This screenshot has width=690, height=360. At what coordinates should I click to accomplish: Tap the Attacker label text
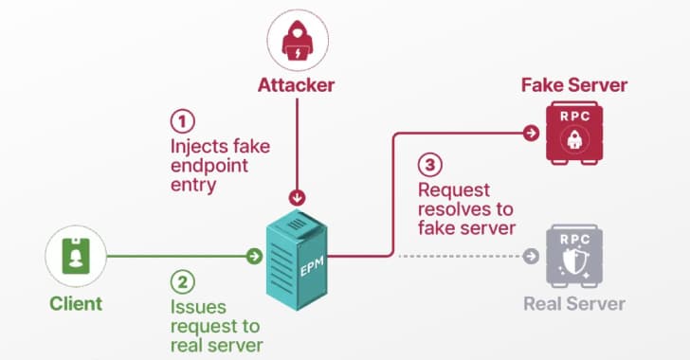pyautogui.click(x=297, y=86)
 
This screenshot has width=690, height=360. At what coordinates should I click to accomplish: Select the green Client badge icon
pyautogui.click(x=75, y=258)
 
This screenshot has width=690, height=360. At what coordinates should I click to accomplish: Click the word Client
pyautogui.click(x=75, y=304)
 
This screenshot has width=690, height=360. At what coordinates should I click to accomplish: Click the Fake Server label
pyautogui.click(x=573, y=85)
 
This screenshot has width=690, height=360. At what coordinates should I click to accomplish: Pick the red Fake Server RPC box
pyautogui.click(x=572, y=135)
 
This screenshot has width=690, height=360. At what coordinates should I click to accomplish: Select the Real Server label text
pyautogui.click(x=574, y=304)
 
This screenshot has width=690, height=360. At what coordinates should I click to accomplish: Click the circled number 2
pyautogui.click(x=182, y=282)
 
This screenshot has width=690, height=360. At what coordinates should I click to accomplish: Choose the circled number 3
pyautogui.click(x=429, y=164)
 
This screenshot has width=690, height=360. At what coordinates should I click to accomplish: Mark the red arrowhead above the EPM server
pyautogui.click(x=298, y=199)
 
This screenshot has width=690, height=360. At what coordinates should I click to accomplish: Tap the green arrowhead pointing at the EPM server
pyautogui.click(x=253, y=256)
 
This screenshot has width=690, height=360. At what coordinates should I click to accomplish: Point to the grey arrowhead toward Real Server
pyautogui.click(x=532, y=256)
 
